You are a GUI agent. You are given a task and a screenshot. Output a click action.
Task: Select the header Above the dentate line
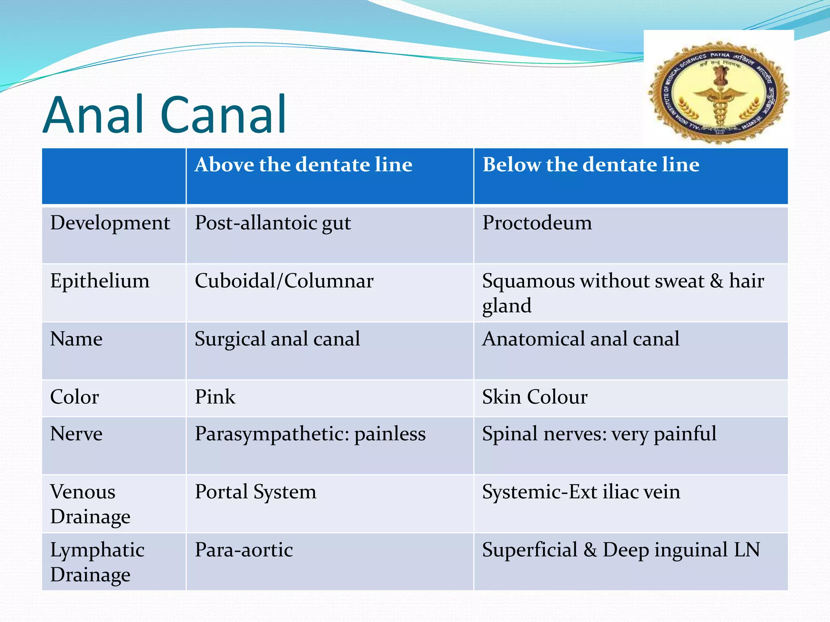pos(303,165)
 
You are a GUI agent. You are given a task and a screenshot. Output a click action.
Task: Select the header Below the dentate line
pos(590,165)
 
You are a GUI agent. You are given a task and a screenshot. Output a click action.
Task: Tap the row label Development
pos(110,223)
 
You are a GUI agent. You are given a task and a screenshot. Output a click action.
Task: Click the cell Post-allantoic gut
pos(272,223)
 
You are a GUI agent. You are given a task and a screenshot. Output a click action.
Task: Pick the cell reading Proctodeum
pos(537,223)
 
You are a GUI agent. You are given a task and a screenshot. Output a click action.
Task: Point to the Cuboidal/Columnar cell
pos(284,281)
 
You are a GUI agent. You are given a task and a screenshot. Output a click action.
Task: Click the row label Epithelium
pos(100,281)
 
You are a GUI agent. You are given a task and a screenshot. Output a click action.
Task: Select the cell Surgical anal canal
pos(277,339)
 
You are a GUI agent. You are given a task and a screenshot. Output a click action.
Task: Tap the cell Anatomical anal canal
pos(580,339)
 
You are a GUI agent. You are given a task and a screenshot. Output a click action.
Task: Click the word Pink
pos(215,397)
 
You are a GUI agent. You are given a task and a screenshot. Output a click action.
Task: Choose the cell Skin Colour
pos(534,397)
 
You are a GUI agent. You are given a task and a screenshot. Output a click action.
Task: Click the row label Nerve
pos(76,434)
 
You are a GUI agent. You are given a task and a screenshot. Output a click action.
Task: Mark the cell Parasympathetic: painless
pos(310,434)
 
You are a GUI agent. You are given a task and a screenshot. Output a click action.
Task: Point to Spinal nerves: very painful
pos(599,434)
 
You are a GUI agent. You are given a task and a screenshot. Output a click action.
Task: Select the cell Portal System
pos(255,492)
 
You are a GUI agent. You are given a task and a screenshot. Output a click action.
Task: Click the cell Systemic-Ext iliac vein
pos(581,492)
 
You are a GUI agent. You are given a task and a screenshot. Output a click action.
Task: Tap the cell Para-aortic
pos(244,550)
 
